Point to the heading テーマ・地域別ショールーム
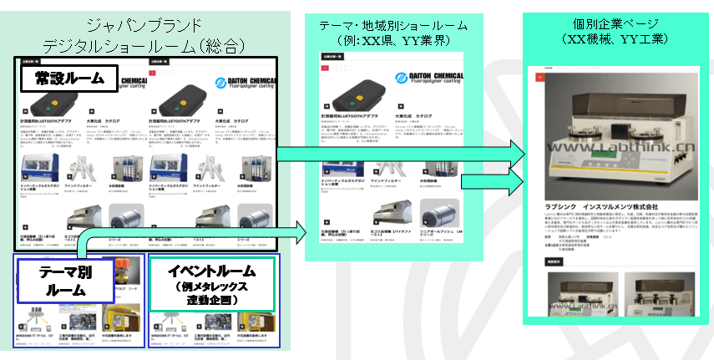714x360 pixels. pyautogui.click(x=392, y=26)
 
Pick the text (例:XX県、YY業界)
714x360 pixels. pyautogui.click(x=392, y=43)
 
